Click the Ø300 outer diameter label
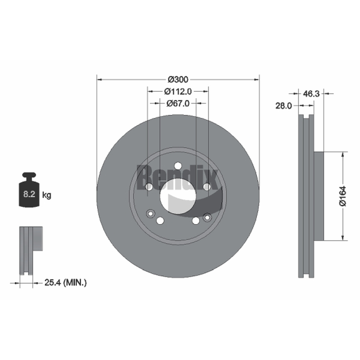pyautogui.click(x=178, y=80)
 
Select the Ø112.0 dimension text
pyautogui.click(x=178, y=91)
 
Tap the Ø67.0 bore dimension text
pyautogui.click(x=178, y=103)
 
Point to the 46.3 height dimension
pyautogui.click(x=311, y=94)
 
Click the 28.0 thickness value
pyautogui.click(x=283, y=106)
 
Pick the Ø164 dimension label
pyautogui.click(x=343, y=196)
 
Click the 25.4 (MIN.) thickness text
pyautogui.click(x=65, y=283)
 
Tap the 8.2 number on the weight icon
pyautogui.click(x=29, y=194)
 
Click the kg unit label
pyautogui.click(x=47, y=195)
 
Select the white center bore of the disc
pyautogui.click(x=178, y=196)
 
